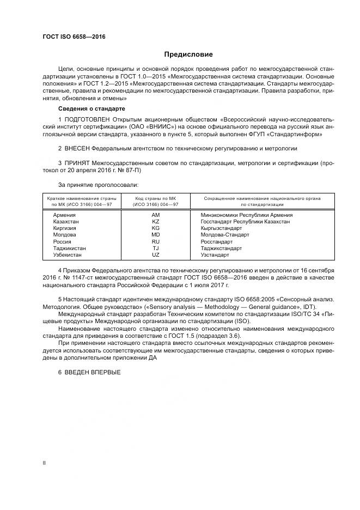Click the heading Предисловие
(x=189, y=54)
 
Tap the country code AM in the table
(x=155, y=215)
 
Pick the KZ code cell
(x=155, y=222)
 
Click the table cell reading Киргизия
(x=64, y=228)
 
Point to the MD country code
(x=155, y=235)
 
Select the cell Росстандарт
(x=217, y=241)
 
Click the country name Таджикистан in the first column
(x=69, y=248)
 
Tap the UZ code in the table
(x=155, y=254)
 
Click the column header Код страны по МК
(x=155, y=198)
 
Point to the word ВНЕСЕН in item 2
(x=76, y=148)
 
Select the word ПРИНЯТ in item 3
(x=76, y=163)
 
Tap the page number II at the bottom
(x=45, y=463)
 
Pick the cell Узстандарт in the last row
(x=215, y=254)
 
